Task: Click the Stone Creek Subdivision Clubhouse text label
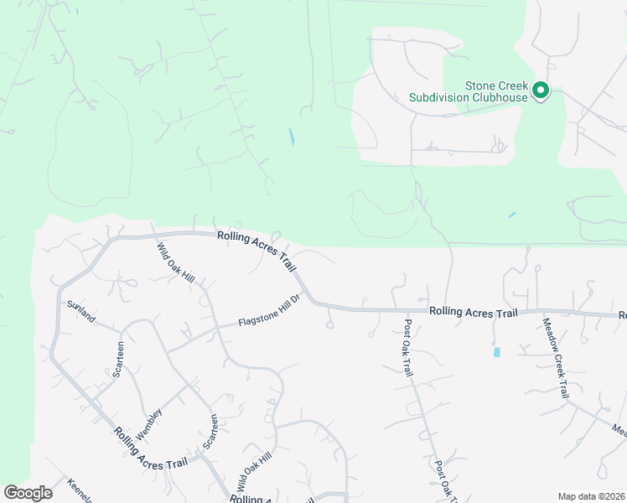468,91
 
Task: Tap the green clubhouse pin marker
541,90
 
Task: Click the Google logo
28,493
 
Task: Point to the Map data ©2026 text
591,496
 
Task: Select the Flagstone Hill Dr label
269,311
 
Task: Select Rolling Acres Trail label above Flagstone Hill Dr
257,250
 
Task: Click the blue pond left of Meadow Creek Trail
497,352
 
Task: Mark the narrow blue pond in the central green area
292,137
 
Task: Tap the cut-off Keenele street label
78,490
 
